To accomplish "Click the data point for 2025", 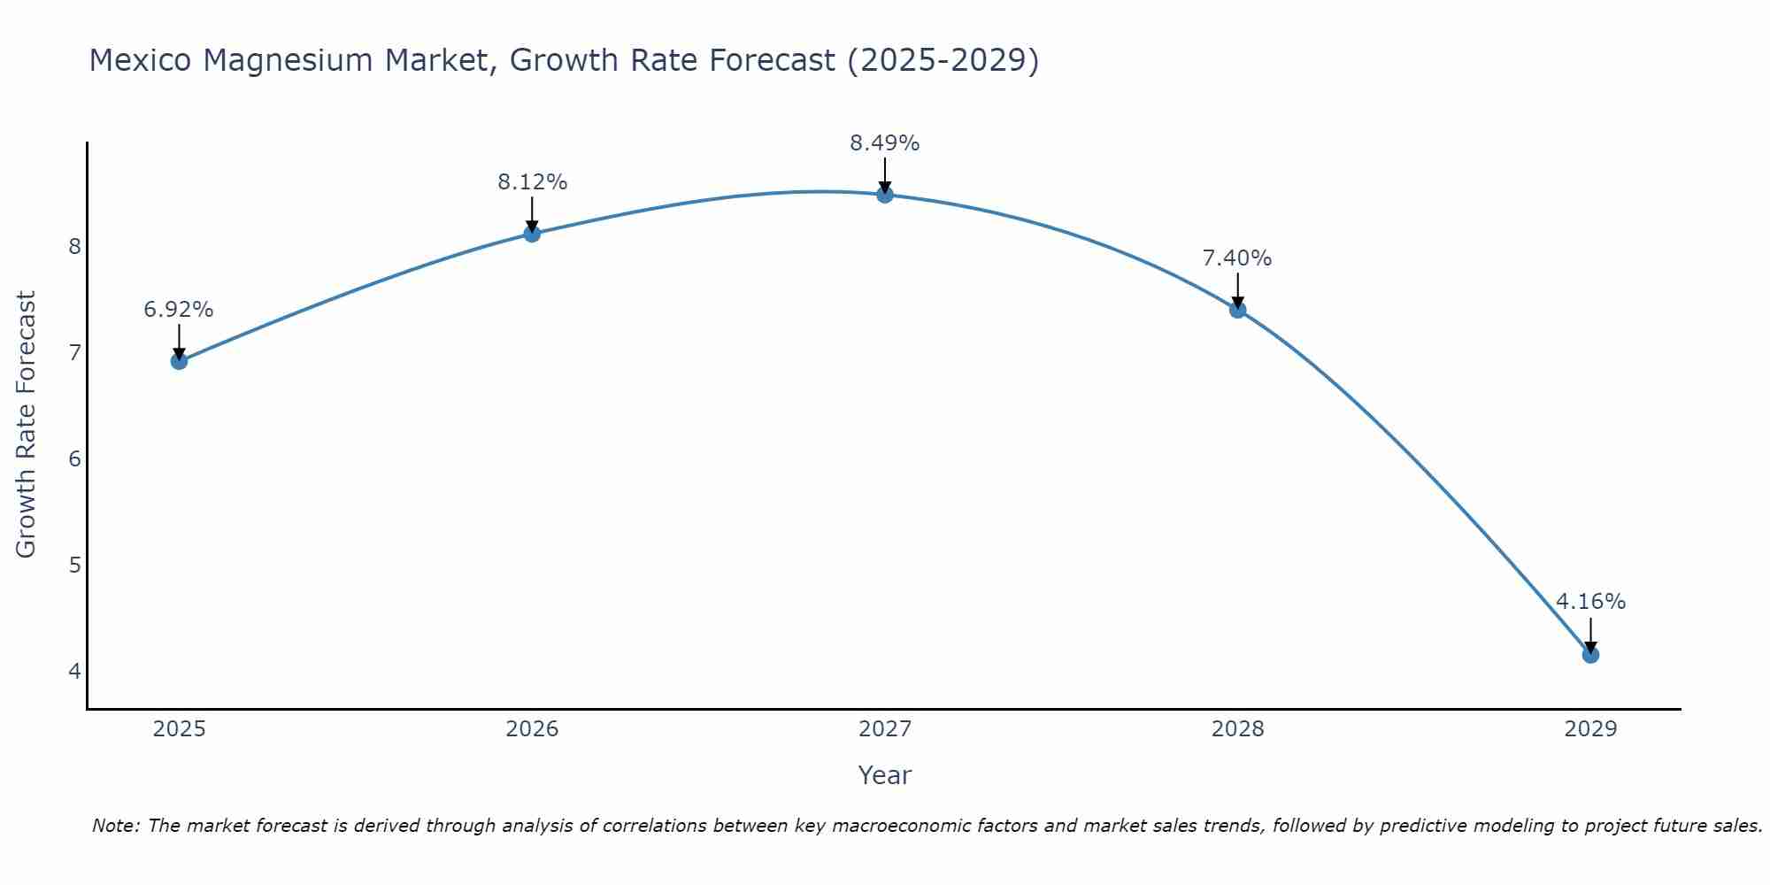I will (179, 361).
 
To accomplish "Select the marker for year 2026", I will (532, 234).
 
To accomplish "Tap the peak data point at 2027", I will (885, 195).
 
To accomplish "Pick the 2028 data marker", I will (1237, 310).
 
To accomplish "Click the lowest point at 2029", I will (1590, 655).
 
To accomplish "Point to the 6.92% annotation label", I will (179, 310).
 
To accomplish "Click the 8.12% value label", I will (532, 182).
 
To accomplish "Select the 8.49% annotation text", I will (885, 143).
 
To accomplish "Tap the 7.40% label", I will (1237, 258).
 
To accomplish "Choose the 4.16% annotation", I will (1590, 602).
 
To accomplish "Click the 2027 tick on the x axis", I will (885, 729).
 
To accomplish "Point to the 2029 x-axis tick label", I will (1590, 729).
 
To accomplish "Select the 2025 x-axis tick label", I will (179, 729).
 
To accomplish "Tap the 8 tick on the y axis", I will (74, 246).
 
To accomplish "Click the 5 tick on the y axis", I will (74, 565).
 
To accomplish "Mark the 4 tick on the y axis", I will (74, 671).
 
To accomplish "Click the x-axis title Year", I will (885, 775).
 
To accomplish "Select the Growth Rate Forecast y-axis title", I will (27, 425).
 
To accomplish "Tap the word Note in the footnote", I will (115, 826).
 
